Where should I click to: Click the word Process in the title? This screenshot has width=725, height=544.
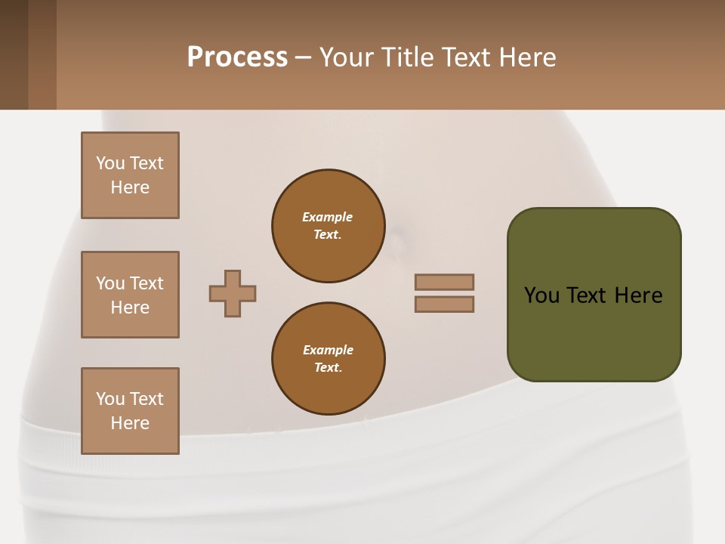(x=237, y=57)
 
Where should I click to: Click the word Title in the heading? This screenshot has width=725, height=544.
(x=406, y=57)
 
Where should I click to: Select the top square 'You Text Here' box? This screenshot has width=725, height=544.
(x=130, y=175)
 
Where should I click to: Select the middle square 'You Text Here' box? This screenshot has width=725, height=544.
(x=130, y=295)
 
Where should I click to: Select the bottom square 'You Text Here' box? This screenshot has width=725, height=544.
(x=130, y=411)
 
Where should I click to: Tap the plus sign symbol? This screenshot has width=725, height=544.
(x=233, y=293)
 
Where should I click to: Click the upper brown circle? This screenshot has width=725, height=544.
(x=328, y=226)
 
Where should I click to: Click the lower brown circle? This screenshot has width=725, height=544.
(x=328, y=359)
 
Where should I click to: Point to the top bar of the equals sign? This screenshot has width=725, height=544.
(x=444, y=282)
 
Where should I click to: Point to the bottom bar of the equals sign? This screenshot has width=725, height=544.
(x=444, y=304)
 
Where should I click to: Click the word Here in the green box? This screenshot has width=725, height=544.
(x=638, y=295)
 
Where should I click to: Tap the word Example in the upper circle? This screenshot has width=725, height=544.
(x=328, y=217)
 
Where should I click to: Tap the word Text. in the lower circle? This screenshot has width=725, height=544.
(x=328, y=368)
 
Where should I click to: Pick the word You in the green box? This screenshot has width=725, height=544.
(x=541, y=295)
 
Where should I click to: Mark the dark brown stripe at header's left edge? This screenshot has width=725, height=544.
(x=14, y=54)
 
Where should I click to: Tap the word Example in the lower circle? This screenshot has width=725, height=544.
(x=328, y=350)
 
